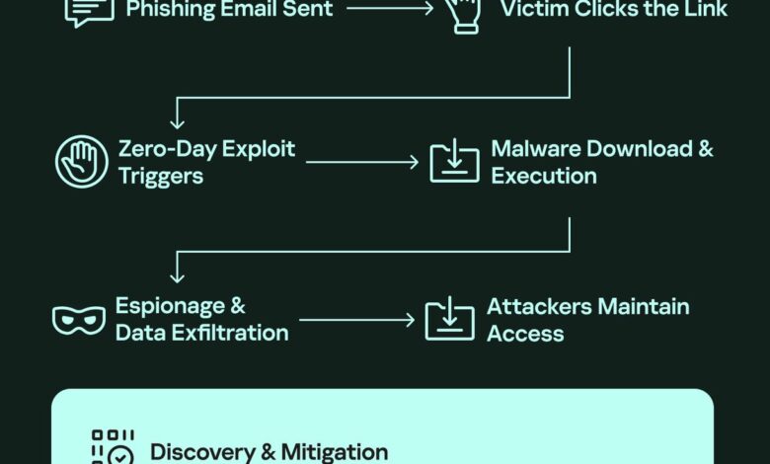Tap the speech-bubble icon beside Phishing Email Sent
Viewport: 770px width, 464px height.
pyautogui.click(x=89, y=10)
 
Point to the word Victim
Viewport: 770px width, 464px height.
pyautogui.click(x=534, y=10)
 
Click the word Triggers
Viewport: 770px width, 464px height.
pyautogui.click(x=161, y=176)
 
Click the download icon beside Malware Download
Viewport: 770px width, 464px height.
pyautogui.click(x=454, y=162)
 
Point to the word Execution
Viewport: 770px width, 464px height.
pyautogui.click(x=544, y=176)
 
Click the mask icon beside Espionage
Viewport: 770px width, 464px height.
pyautogui.click(x=78, y=319)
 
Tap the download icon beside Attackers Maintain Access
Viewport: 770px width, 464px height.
pyautogui.click(x=450, y=319)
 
